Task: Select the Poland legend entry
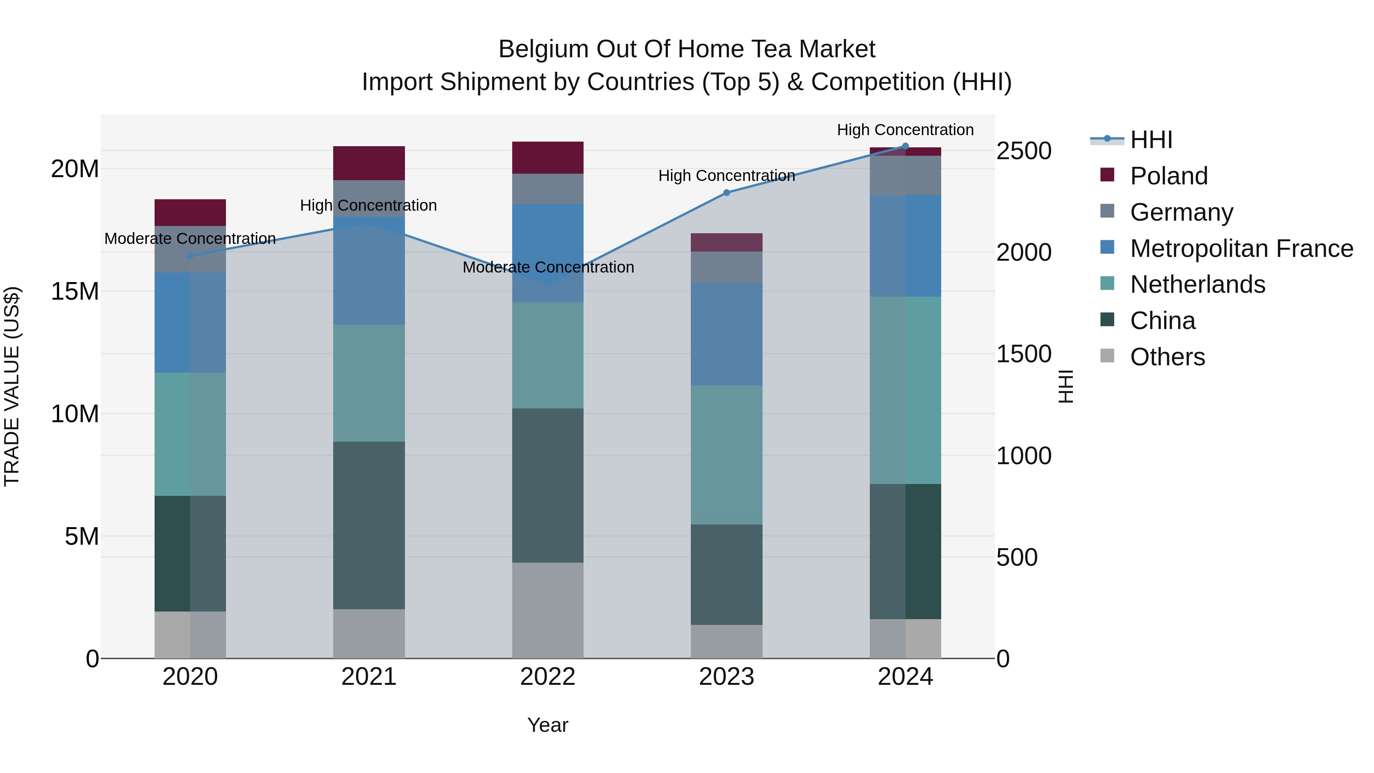(1168, 176)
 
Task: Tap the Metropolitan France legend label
(1241, 249)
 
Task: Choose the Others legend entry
(1167, 357)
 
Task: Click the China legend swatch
(1107, 320)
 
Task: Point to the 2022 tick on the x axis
(547, 677)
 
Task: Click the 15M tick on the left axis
(75, 291)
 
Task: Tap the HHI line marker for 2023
(726, 193)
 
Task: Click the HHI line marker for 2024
(905, 146)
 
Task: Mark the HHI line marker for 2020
(190, 256)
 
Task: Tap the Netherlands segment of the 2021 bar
(369, 382)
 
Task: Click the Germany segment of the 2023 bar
(726, 267)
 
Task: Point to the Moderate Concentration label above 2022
(548, 267)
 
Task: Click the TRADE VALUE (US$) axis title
(12, 386)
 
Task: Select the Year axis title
(547, 725)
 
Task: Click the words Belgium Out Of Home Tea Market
(687, 49)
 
